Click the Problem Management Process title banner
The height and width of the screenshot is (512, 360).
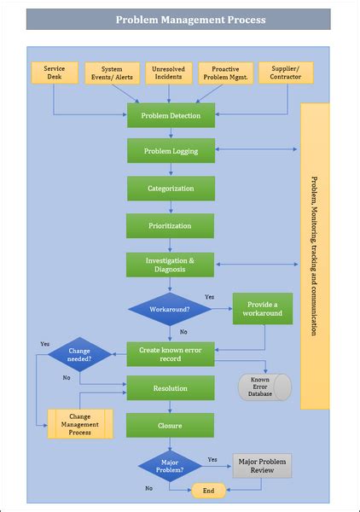(179, 20)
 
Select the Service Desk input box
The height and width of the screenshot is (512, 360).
(54, 73)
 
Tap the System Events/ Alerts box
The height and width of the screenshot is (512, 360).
(112, 73)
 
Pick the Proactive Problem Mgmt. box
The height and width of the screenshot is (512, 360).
(227, 73)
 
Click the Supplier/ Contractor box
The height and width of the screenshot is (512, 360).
(285, 73)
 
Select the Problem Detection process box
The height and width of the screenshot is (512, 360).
(171, 115)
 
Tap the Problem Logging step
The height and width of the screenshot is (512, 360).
(171, 151)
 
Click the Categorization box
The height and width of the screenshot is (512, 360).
(171, 189)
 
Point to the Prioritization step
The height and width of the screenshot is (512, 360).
(171, 226)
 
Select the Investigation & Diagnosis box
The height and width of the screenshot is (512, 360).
(171, 265)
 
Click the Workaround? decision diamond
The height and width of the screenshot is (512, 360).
(170, 308)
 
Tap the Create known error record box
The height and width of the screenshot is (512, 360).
(171, 353)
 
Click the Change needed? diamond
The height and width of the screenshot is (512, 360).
(79, 354)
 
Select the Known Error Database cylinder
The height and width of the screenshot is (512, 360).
(264, 387)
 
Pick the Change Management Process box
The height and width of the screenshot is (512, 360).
(80, 423)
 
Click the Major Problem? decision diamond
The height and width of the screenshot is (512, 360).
(170, 466)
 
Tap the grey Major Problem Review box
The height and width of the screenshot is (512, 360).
(262, 466)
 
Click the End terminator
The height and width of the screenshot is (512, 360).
(207, 490)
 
